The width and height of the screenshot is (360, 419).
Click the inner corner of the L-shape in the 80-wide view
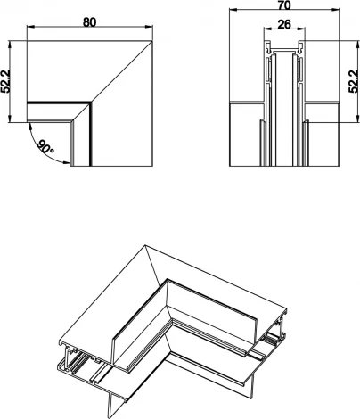click(90, 105)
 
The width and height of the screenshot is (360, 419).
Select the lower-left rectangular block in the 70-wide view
click(246, 136)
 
